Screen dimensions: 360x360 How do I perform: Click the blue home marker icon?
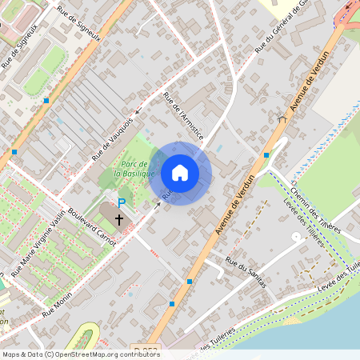(x=180, y=173)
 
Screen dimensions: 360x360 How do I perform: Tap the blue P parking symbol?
(x=122, y=203)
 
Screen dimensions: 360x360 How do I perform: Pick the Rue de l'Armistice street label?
(x=183, y=118)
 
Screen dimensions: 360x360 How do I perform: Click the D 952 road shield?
(x=146, y=350)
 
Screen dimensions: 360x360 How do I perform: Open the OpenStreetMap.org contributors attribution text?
(x=81, y=354)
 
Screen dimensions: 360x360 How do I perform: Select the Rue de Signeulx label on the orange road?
(x=80, y=24)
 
